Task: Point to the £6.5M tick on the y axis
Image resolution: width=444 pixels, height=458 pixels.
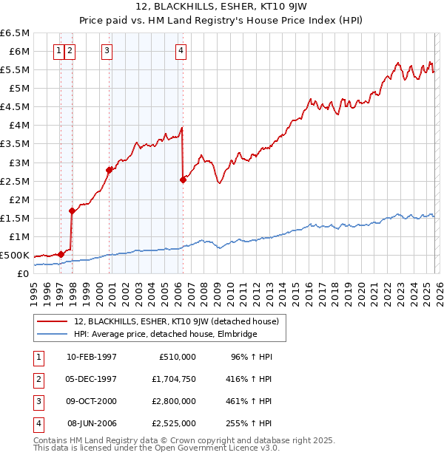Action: tap(16, 33)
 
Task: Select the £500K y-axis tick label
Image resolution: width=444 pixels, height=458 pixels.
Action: tap(16, 256)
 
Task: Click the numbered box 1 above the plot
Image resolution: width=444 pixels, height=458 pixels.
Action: tap(58, 51)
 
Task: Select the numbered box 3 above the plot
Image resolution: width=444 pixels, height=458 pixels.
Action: tap(107, 51)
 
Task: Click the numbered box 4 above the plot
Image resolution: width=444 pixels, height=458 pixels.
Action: tap(181, 51)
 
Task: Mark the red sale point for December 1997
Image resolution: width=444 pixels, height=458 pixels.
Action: tap(72, 211)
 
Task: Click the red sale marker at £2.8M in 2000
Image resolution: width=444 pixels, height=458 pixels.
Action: tap(109, 170)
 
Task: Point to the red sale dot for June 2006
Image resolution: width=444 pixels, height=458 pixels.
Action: tap(183, 180)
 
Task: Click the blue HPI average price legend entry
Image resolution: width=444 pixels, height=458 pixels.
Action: tap(164, 335)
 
